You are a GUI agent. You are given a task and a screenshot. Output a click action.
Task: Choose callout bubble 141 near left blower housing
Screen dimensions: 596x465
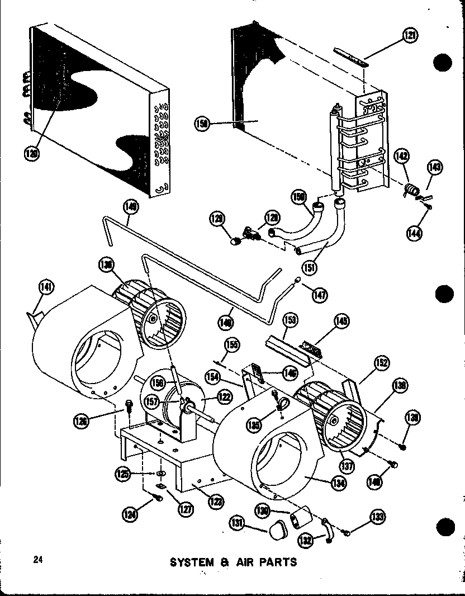(x=46, y=287)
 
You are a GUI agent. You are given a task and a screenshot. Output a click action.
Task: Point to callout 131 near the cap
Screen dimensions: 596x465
(x=237, y=523)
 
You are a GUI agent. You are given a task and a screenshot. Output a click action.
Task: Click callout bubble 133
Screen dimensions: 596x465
(x=379, y=517)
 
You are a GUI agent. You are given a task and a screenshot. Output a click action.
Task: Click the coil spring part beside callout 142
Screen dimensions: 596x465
(x=411, y=191)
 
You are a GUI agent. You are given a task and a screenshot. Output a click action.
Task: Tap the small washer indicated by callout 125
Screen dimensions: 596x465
(x=160, y=474)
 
